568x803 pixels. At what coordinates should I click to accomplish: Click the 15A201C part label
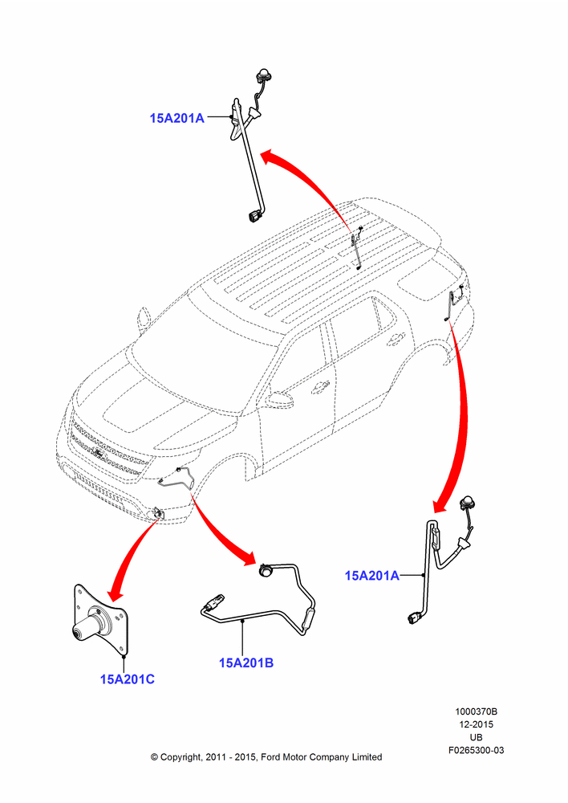127,679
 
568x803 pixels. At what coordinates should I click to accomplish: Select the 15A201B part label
246,662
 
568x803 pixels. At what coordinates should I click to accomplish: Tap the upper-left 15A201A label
177,118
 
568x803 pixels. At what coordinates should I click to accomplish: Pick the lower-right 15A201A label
372,576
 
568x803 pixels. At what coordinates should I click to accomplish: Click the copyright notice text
266,757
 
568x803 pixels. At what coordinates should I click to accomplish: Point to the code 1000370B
477,711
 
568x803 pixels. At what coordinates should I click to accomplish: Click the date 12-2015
477,724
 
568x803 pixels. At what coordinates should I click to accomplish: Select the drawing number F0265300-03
477,750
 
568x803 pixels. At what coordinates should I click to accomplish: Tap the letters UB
477,737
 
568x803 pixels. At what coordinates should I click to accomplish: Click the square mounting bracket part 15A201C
99,621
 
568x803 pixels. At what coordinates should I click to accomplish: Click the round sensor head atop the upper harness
263,75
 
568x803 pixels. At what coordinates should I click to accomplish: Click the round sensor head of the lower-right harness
469,503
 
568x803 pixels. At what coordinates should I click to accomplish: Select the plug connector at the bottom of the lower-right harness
415,619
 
